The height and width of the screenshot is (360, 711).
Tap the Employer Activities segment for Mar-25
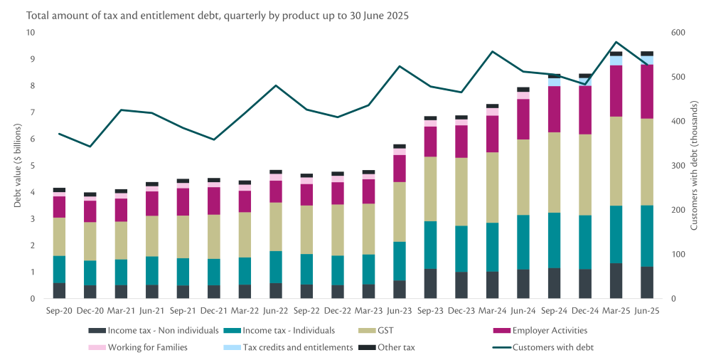(x=616, y=90)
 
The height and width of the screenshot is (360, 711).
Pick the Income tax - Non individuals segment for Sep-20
(x=59, y=290)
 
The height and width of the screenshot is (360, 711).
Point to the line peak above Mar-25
(x=616, y=42)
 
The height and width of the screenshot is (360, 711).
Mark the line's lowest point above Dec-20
(x=90, y=147)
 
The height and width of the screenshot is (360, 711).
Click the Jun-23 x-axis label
(x=399, y=310)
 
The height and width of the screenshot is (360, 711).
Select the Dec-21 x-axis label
(x=213, y=310)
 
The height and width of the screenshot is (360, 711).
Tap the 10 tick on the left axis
(x=30, y=33)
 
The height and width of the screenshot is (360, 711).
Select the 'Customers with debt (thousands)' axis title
(x=695, y=166)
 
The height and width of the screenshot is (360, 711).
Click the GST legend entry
(x=376, y=330)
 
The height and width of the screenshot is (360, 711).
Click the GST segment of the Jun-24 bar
(x=523, y=177)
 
